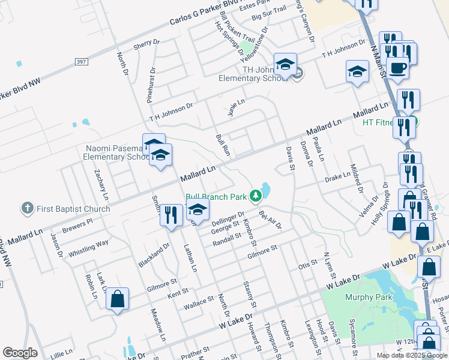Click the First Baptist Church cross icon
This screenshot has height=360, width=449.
point(26,209)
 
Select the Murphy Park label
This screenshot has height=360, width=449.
point(369,297)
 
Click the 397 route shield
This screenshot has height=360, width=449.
point(83,62)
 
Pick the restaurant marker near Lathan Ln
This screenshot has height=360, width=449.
point(171,215)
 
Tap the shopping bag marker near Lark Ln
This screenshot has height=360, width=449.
point(118,299)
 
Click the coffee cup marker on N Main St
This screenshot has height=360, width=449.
point(397,67)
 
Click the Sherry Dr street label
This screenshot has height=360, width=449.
point(146,43)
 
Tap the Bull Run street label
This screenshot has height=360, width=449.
point(223,145)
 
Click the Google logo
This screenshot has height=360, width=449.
point(20,353)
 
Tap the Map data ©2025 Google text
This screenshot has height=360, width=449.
point(411,355)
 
